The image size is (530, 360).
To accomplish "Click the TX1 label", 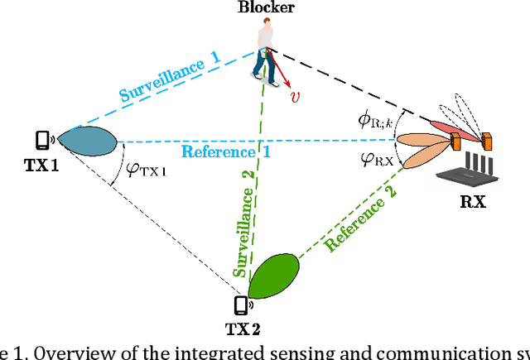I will pos(41,165).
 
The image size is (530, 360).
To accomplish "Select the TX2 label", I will pos(244,329).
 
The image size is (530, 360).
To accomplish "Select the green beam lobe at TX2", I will pos(273,277).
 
